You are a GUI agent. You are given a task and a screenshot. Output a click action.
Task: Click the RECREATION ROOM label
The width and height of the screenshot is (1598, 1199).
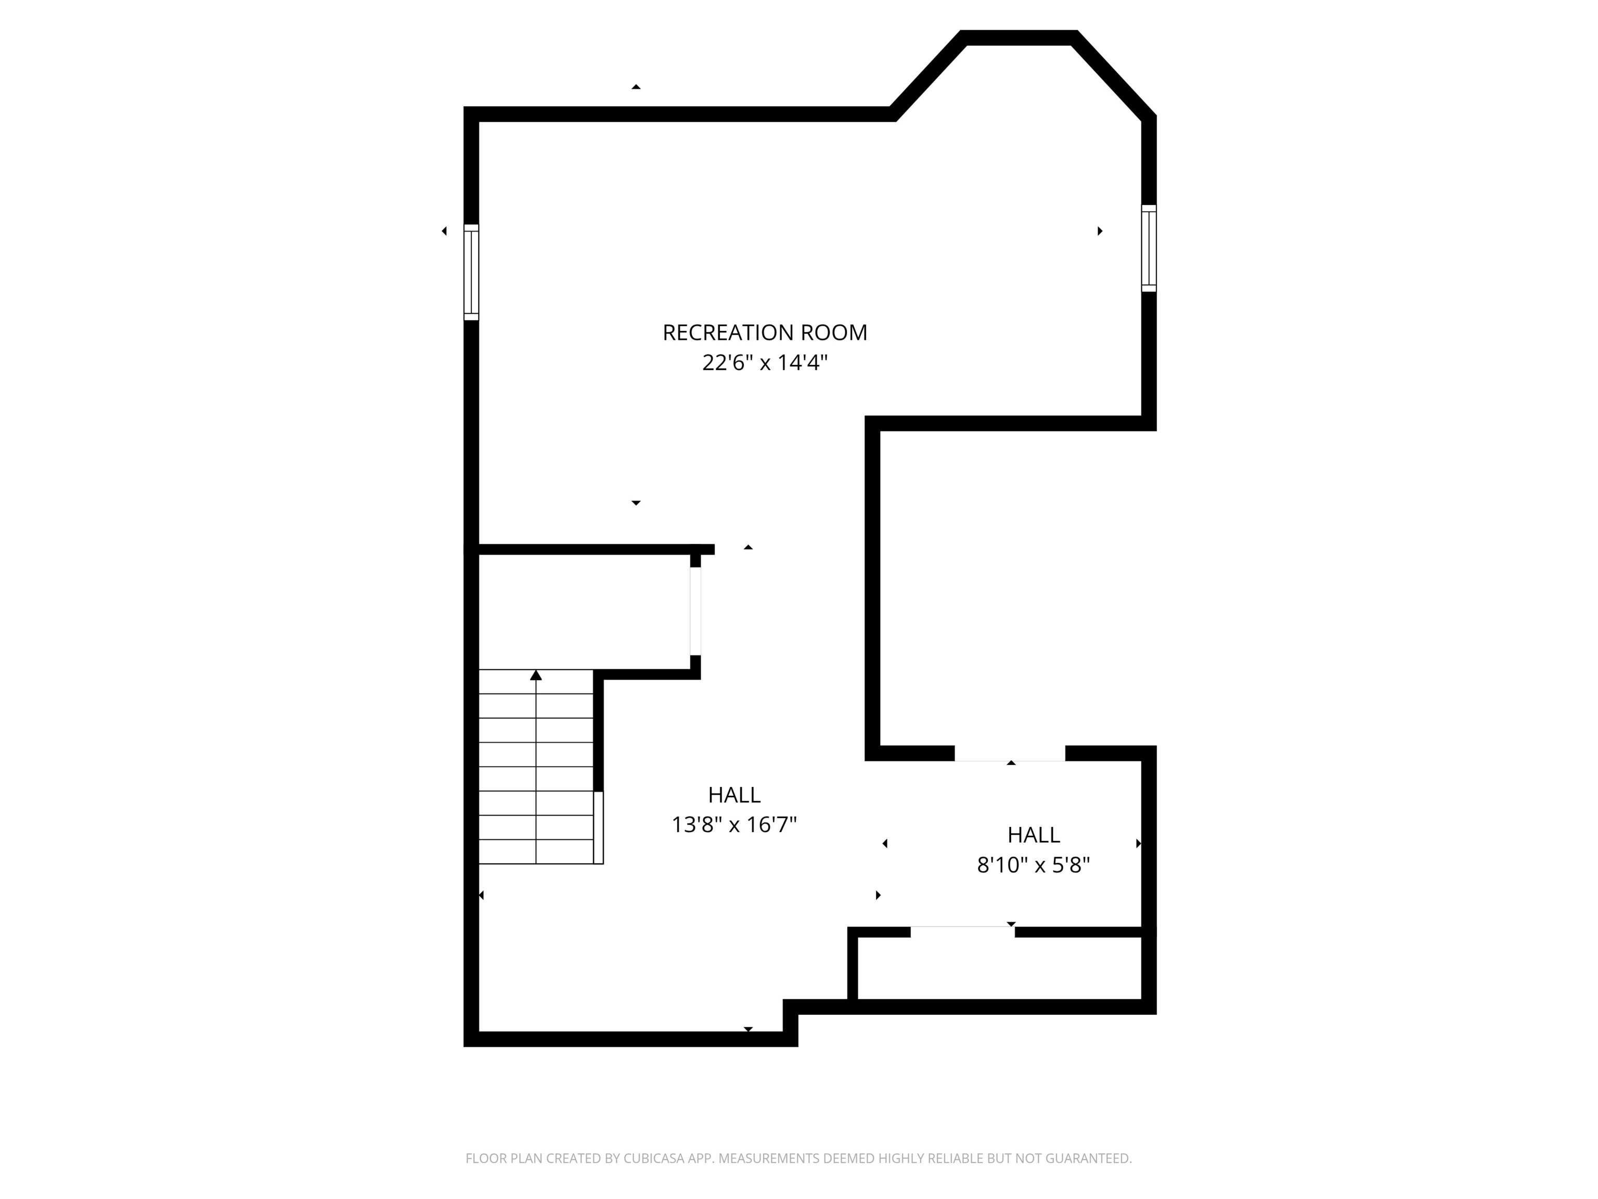(x=764, y=333)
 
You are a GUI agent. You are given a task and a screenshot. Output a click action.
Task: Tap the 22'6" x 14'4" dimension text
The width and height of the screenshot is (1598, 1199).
(x=764, y=363)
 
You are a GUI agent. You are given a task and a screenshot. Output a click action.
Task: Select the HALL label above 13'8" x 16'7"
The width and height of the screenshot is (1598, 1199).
(x=734, y=795)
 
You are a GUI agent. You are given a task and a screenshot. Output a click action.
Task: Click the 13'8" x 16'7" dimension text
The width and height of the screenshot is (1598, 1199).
(x=734, y=825)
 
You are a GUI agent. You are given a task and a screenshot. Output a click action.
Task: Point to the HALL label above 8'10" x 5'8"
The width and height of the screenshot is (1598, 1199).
(x=1033, y=835)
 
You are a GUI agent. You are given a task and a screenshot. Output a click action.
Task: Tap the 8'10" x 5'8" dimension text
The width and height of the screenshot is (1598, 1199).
(x=1033, y=865)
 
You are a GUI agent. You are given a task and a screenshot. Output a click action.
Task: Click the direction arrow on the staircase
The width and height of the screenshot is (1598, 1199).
(x=536, y=676)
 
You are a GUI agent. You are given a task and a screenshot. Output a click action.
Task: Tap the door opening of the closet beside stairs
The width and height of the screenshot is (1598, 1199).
(x=695, y=611)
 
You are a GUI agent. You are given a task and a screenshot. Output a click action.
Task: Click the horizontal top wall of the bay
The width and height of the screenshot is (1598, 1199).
(x=1019, y=37)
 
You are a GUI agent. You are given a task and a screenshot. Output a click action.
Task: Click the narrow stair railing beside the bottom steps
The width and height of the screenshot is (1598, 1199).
(x=598, y=827)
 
